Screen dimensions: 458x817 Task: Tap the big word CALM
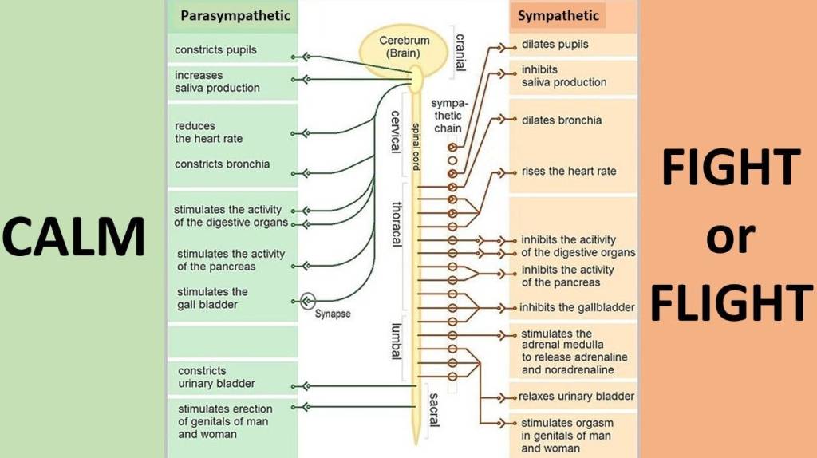73,237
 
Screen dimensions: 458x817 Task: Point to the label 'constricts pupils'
215,50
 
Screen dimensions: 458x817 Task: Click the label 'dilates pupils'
555,45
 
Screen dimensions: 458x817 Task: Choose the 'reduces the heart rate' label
209,132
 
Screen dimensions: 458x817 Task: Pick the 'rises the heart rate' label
569,171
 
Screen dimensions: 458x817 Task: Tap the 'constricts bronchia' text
223,164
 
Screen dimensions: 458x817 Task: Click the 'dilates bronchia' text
562,120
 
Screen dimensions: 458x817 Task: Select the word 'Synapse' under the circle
333,314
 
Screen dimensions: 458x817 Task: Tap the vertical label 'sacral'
433,409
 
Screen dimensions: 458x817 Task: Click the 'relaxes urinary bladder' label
576,397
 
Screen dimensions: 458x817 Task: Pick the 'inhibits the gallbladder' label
577,307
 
